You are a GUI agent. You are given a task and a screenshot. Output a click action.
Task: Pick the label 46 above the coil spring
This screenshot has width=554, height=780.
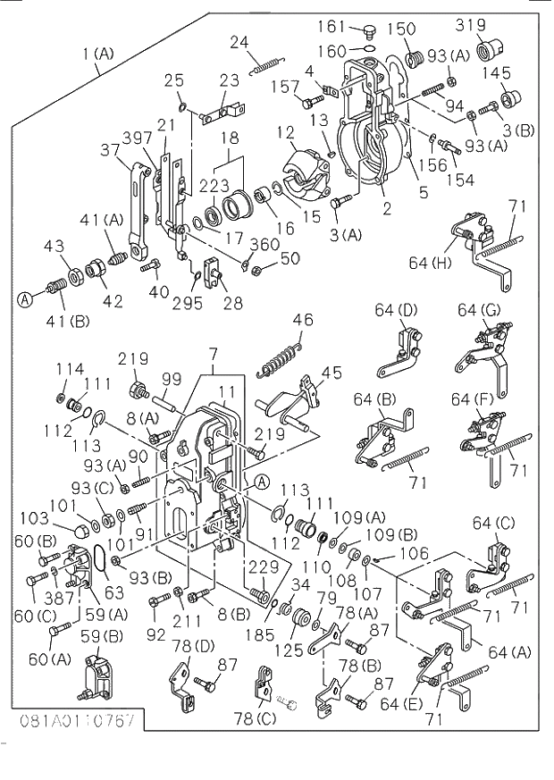click(303, 319)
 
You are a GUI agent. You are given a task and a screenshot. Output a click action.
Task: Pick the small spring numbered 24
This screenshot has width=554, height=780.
click(266, 63)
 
